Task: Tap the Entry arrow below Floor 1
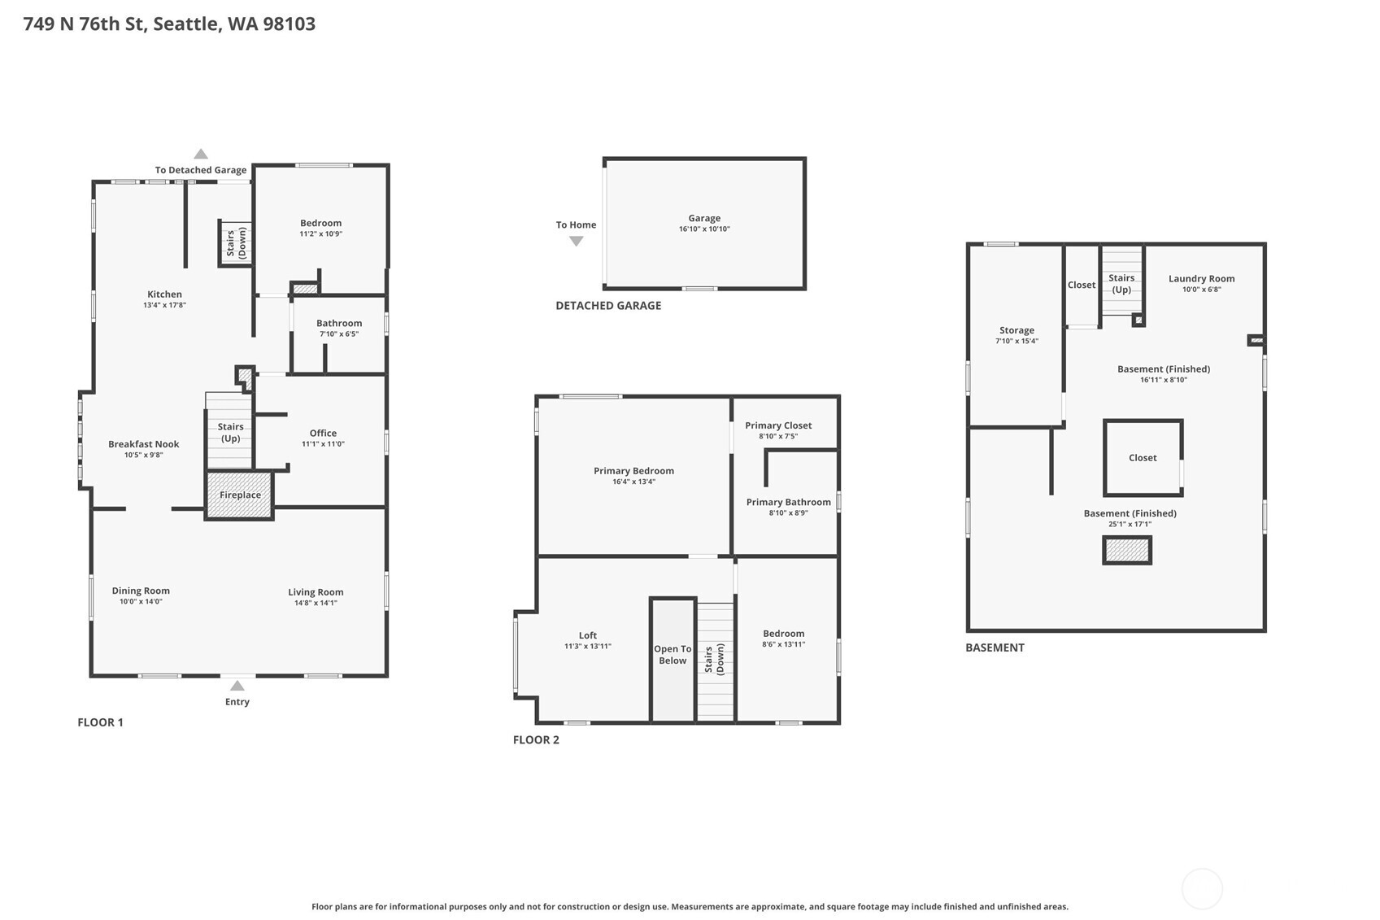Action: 237,687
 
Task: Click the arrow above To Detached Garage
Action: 201,154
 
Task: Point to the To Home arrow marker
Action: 576,241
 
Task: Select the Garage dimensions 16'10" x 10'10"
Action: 704,229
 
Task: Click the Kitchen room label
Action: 164,294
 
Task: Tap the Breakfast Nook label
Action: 143,444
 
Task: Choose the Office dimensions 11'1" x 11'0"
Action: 323,444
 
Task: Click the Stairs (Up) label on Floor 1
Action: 230,432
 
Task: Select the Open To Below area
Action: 673,656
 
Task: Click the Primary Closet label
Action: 778,425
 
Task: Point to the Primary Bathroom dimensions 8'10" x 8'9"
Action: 788,513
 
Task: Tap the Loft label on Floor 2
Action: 587,635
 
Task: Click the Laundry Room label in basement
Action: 1201,278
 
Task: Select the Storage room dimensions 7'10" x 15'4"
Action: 1016,342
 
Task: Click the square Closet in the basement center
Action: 1142,458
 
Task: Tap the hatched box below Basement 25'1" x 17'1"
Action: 1127,551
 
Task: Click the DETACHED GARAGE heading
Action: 608,306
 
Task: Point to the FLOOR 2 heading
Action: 536,739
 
